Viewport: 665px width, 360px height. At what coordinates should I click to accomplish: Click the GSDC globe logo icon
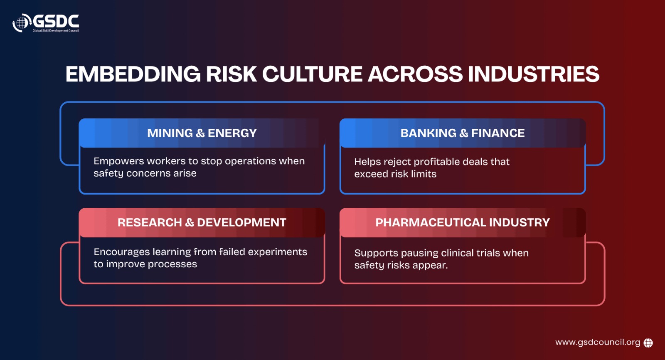pyautogui.click(x=22, y=22)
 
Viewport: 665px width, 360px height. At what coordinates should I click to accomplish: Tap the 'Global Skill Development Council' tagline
pyautogui.click(x=56, y=31)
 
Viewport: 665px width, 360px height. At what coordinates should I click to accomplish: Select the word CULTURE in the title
pyautogui.click(x=312, y=74)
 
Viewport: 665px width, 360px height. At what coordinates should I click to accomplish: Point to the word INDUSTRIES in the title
pyautogui.click(x=534, y=74)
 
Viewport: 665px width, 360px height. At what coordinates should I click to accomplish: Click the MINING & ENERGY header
pyautogui.click(x=202, y=133)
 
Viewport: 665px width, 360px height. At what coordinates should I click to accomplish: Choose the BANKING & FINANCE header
pyautogui.click(x=463, y=133)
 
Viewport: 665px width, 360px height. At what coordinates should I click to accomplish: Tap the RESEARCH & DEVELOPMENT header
pyautogui.click(x=202, y=222)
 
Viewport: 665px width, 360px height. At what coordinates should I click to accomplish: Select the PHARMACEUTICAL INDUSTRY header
pyautogui.click(x=463, y=222)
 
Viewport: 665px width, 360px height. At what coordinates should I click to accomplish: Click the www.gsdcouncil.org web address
pyautogui.click(x=598, y=343)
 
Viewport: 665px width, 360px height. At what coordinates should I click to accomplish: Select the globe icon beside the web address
pyautogui.click(x=648, y=343)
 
